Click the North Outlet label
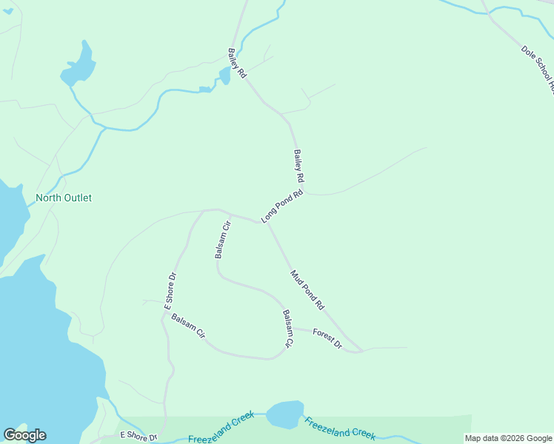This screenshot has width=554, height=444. click(x=64, y=198)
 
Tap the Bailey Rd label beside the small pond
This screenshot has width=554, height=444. click(x=237, y=64)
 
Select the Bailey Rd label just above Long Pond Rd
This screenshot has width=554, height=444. click(x=298, y=166)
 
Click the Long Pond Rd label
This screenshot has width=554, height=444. click(x=282, y=206)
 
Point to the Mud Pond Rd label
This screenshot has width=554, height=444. click(x=307, y=289)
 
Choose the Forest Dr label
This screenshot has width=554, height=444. click(x=327, y=338)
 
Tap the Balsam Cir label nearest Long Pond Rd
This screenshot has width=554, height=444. click(x=223, y=239)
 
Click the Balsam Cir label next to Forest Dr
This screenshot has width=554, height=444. click(x=288, y=329)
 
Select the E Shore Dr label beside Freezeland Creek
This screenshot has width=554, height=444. click(x=138, y=437)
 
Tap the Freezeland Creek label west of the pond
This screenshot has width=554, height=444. click(x=221, y=429)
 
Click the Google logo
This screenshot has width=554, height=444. click(x=24, y=435)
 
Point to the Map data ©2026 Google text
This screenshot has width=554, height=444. click(x=509, y=438)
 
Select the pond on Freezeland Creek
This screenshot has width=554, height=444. click(x=285, y=414)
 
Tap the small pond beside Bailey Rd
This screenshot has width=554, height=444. click(x=224, y=75)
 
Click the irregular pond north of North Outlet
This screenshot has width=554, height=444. click(x=79, y=66)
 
